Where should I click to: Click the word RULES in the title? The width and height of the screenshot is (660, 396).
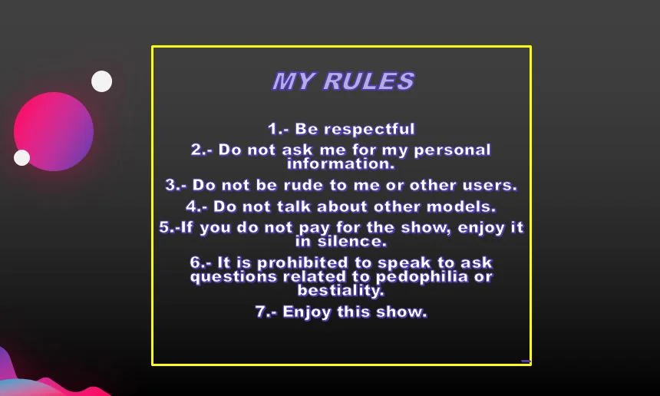coord(368,81)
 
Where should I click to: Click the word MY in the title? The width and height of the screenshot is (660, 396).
coord(293,81)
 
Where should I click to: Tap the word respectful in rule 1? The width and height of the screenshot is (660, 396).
coord(355,129)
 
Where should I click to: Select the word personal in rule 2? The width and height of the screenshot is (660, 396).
coord(453,150)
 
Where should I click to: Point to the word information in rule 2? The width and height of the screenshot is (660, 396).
coord(341,163)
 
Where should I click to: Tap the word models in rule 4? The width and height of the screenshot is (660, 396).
coord(461,206)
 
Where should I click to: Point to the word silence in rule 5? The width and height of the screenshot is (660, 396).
coord(351,242)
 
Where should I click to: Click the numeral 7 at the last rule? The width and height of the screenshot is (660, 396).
coord(260,312)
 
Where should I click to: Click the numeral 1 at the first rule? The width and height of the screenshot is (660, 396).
coord(272,129)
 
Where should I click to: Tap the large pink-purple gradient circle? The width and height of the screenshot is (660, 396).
coord(54,131)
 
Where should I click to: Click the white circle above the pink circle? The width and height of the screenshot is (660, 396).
coord(102,81)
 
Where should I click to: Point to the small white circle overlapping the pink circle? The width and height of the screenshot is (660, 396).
coord(22,157)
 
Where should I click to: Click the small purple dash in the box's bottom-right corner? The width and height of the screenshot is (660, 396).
coord(526,361)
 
